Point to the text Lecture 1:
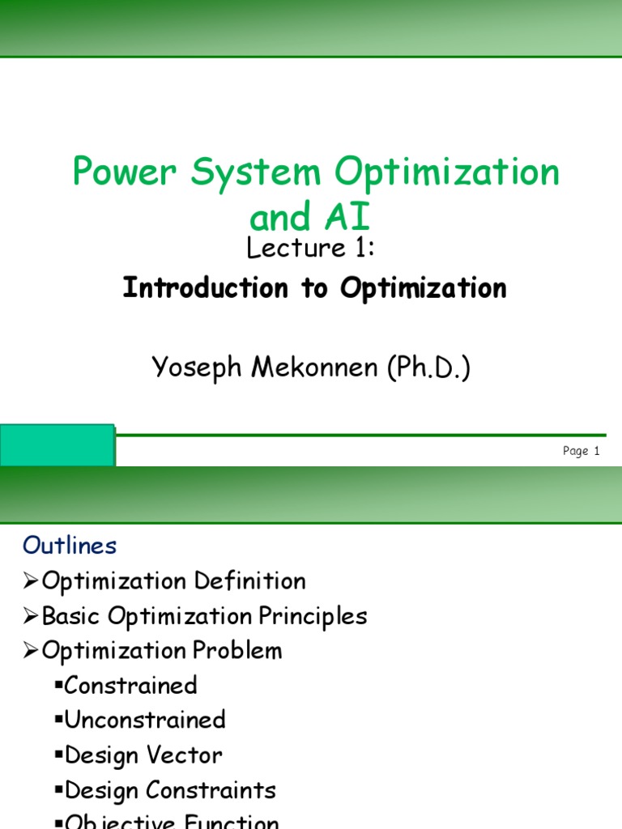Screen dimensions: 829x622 [310, 249]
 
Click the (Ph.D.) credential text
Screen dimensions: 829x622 [428, 368]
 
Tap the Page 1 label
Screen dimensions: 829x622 [581, 452]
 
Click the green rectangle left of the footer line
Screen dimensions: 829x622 [57, 445]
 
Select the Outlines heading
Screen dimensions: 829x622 [70, 546]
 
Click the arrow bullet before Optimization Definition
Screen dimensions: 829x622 [31, 581]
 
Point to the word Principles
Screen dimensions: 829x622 [313, 616]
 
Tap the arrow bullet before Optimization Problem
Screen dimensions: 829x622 [31, 651]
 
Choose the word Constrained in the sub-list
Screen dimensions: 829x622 [130, 686]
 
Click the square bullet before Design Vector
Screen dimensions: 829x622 [59, 755]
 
